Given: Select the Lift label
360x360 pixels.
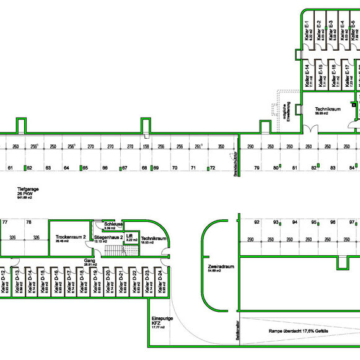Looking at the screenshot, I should (x=130, y=237).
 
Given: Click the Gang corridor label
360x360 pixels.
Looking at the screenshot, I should (x=90, y=263).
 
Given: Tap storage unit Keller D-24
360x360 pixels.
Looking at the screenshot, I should (x=160, y=283).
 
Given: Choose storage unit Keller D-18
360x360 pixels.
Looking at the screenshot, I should (x=82, y=283).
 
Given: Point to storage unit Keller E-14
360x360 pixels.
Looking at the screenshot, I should (x=309, y=75).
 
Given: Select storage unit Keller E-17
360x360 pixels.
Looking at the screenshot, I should (x=348, y=75).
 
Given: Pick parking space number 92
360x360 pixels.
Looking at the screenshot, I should (x=257, y=222).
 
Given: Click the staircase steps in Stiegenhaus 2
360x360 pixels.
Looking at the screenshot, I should (x=112, y=250).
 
